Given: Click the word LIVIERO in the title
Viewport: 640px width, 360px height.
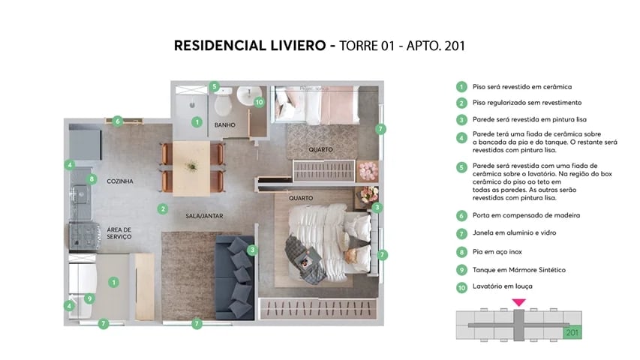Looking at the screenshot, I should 290,45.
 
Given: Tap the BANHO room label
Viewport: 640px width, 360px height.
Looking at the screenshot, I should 225,124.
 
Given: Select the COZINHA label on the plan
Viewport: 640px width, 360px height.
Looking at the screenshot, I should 120,181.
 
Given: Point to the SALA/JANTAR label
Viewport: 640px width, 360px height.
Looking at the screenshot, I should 205,216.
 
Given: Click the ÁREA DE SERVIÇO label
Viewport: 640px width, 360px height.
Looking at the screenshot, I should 119,232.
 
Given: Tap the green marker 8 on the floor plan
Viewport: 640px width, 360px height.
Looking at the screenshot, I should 92,179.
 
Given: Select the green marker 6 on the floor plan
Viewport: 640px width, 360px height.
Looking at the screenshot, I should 118,120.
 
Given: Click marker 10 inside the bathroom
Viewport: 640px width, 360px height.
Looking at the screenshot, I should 259,102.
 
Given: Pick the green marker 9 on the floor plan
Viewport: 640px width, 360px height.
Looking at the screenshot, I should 89,298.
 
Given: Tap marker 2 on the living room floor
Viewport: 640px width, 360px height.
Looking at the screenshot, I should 162,208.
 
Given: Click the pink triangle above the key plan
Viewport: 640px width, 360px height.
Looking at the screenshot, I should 518,301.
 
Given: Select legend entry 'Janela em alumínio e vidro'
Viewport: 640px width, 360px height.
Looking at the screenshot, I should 514,233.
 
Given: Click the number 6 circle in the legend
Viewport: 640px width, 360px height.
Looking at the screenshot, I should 461,215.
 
